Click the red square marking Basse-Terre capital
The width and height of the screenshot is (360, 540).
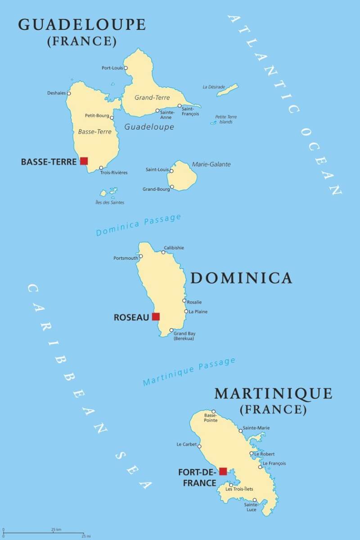point(84,161)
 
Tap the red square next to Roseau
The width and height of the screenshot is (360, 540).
point(156,316)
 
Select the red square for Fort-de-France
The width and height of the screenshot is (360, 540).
point(223,471)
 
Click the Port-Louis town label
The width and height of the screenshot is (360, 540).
point(112,68)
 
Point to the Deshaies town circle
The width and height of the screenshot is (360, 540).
point(69,93)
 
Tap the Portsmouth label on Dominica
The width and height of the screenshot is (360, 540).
point(126,258)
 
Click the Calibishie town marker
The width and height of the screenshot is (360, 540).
point(163,252)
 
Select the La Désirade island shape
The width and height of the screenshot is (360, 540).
point(228,90)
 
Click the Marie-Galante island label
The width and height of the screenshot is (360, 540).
point(211,164)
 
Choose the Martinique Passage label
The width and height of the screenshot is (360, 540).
point(189,372)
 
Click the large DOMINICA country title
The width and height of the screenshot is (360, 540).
point(241,278)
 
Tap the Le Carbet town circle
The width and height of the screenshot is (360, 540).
point(199,446)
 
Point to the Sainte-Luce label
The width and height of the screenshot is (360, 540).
point(251,507)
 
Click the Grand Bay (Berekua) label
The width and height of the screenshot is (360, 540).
point(184,336)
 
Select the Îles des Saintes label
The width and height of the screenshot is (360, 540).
point(110,202)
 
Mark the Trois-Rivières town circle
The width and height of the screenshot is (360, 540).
point(101,168)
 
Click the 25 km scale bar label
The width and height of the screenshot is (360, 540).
point(56,529)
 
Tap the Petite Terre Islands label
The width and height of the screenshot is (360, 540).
point(226,119)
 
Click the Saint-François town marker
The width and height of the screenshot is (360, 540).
point(180,106)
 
